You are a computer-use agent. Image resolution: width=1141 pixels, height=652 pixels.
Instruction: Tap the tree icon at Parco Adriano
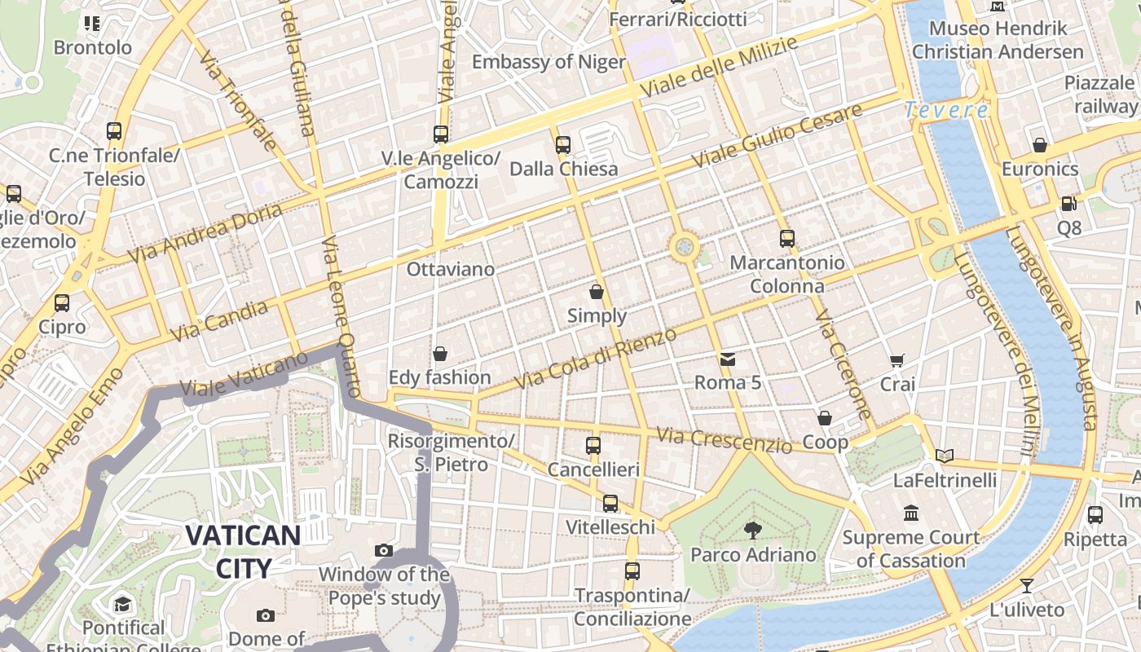point(752,531)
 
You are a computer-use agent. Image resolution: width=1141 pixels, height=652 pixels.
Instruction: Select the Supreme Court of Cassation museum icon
point(911,513)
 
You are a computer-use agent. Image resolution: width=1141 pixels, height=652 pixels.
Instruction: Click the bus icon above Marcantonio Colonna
point(786,239)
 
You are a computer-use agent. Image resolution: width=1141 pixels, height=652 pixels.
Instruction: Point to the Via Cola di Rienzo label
point(596,359)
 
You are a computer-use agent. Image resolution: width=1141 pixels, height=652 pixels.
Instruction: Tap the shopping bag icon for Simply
point(597,292)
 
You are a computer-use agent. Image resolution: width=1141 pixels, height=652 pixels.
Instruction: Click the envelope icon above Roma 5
point(727,359)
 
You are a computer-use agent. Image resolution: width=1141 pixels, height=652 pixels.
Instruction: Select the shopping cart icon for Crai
point(897,360)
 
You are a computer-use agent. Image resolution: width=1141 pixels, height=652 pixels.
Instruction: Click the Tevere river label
point(945,110)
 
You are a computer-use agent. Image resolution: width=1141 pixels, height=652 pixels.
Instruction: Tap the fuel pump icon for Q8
point(1068,204)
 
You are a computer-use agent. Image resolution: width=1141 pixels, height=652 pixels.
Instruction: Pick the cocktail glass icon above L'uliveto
point(1027,585)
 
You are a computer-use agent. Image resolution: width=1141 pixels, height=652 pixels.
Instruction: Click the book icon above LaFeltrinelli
point(945,456)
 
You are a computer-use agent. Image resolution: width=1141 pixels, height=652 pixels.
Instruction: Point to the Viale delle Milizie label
point(718,66)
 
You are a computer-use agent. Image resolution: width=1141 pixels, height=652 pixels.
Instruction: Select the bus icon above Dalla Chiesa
point(563,145)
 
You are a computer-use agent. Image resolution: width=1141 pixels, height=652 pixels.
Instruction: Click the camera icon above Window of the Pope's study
point(383,551)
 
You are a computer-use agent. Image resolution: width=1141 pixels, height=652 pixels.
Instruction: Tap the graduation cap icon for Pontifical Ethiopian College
point(122,604)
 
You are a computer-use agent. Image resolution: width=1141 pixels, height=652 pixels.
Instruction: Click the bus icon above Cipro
point(62,303)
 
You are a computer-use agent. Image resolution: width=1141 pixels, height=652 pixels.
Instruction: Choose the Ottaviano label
point(450,269)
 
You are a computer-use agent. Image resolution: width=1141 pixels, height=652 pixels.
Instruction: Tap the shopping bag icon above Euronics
point(1039,145)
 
